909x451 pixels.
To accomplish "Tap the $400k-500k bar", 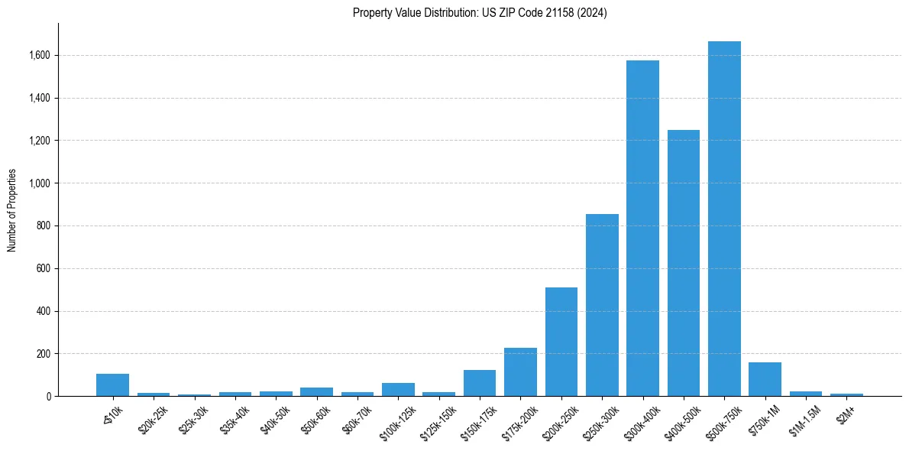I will tap(684, 263).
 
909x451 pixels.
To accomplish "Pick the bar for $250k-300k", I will tap(602, 305).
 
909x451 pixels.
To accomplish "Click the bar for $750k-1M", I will tap(765, 379).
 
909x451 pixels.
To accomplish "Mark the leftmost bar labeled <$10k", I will tap(112, 385).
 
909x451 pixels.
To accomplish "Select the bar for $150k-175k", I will tap(480, 383).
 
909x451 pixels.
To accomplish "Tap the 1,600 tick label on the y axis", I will tap(40, 56).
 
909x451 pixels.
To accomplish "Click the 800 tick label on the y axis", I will tap(44, 226).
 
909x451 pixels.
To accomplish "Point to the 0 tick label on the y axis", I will tap(49, 397).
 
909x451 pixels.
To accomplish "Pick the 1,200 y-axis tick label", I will tap(40, 141).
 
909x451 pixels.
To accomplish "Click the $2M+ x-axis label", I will tap(845, 413).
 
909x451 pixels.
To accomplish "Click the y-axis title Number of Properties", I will tap(12, 210).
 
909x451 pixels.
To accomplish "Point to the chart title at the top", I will tap(480, 13).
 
